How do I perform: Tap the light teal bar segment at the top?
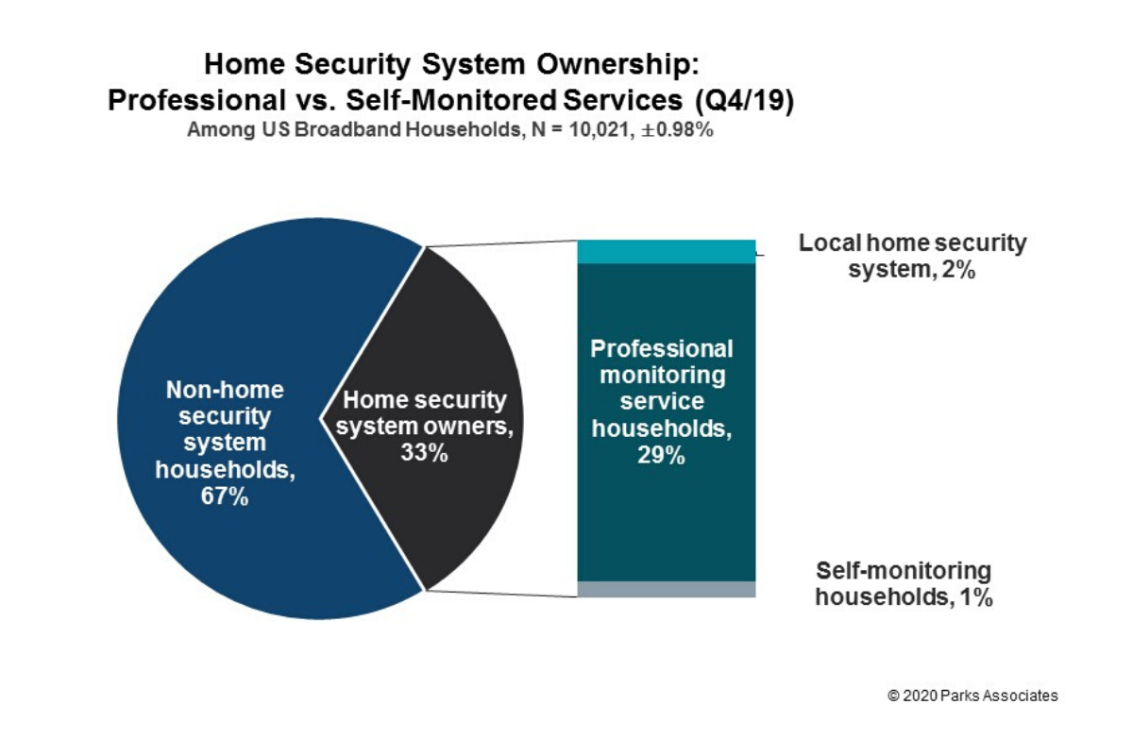(x=667, y=252)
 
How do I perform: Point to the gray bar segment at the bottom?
(x=667, y=589)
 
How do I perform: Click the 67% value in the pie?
(x=225, y=496)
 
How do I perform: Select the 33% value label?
(x=424, y=453)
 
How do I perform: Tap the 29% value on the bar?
(x=661, y=455)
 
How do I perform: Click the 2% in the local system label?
(x=958, y=270)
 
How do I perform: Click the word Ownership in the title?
(x=618, y=66)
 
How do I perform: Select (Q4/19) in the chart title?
(x=744, y=100)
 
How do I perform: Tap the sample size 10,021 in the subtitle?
(x=600, y=130)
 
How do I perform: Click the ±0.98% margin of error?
(x=677, y=130)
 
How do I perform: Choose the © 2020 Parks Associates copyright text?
(x=972, y=696)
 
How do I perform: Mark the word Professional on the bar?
(x=662, y=349)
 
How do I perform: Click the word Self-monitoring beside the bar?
(x=904, y=571)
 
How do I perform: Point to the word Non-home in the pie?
(x=225, y=390)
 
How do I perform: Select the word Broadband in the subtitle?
(x=348, y=129)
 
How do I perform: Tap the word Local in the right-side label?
(x=830, y=243)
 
